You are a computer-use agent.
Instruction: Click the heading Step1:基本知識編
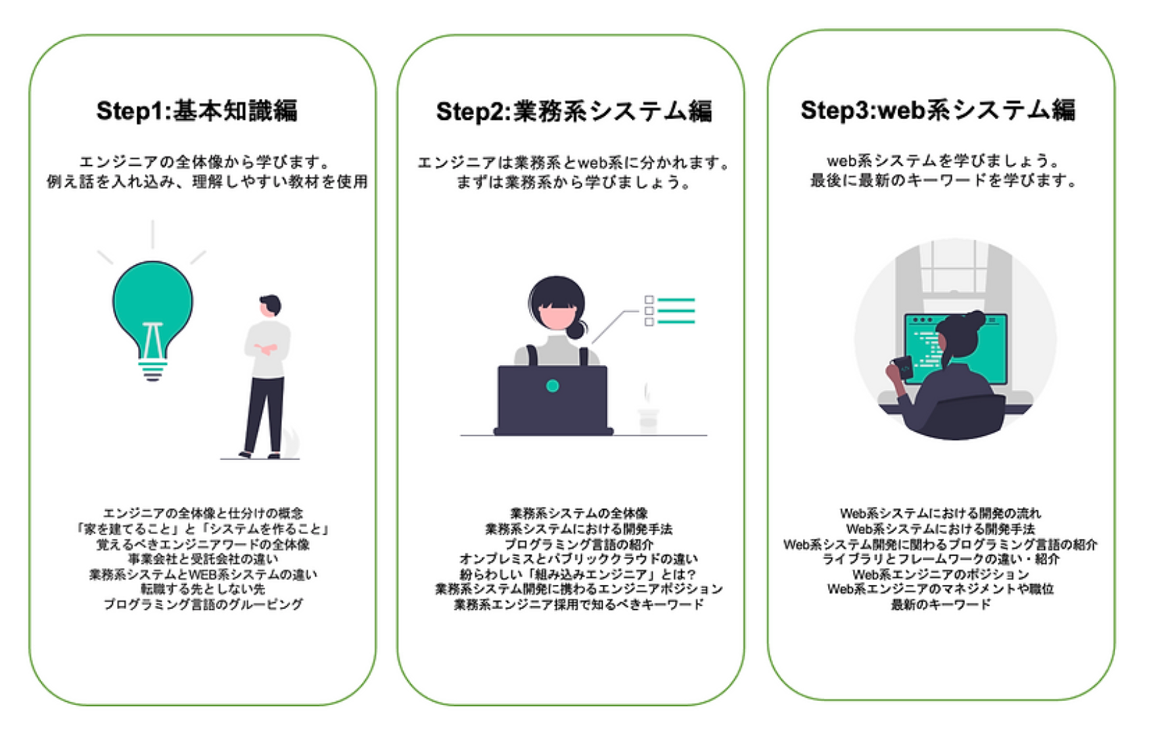point(197,110)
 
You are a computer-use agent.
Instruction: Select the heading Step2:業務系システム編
point(574,112)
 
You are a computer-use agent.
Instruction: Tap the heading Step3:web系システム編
point(938,110)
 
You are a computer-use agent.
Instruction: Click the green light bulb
point(153,302)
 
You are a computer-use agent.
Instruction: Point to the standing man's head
point(271,305)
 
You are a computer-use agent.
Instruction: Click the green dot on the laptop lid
point(553,386)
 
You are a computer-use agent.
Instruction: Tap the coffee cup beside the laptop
point(648,418)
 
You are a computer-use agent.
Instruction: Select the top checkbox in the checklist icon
point(649,299)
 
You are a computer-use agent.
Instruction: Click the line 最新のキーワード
point(941,604)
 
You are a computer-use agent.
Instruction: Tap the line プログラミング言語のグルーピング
point(203,604)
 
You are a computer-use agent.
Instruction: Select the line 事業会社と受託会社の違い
point(203,559)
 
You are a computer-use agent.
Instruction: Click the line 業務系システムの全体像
point(579,514)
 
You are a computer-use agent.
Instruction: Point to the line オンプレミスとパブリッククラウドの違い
point(579,559)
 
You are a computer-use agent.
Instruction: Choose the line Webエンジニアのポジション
point(941,575)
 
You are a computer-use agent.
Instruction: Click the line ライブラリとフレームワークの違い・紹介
point(941,559)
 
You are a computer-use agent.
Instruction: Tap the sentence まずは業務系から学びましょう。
point(574,183)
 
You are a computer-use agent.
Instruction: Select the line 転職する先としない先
point(203,589)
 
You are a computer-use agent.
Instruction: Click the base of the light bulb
point(153,370)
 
